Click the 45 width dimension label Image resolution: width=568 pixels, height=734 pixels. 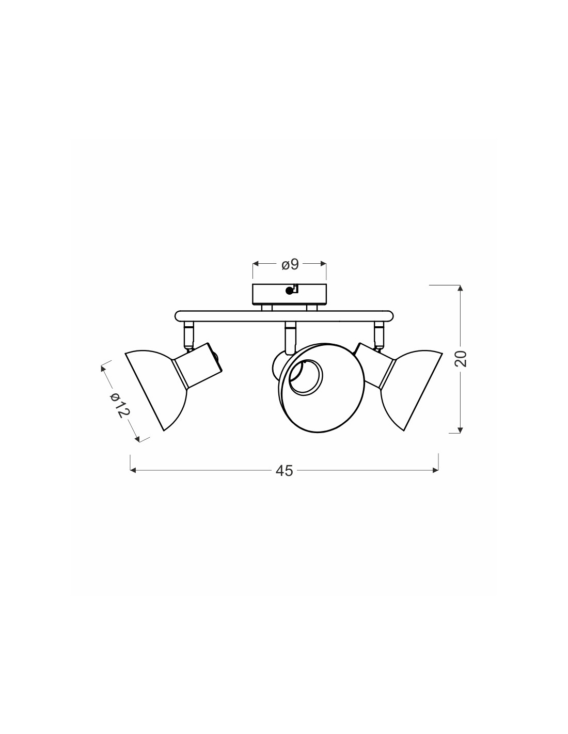coord(284,471)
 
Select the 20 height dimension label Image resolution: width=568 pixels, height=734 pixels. coord(461,359)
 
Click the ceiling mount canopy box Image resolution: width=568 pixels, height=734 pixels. coord(290,294)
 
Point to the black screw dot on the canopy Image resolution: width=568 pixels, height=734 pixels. coord(289,291)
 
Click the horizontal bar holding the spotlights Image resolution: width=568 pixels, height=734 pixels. coord(284,316)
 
